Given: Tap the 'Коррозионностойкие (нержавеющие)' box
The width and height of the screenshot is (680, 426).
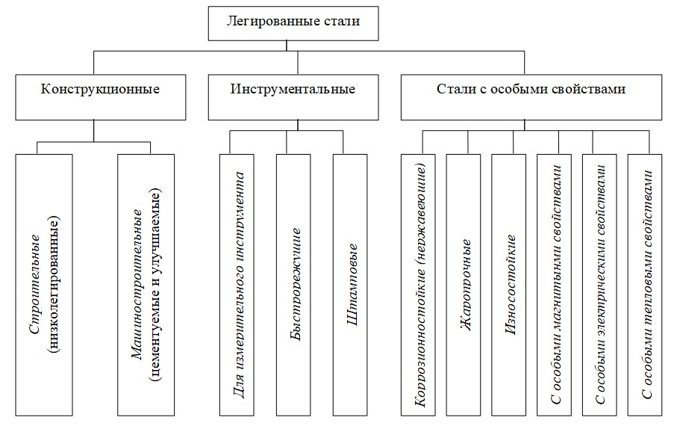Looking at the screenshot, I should click(421, 285).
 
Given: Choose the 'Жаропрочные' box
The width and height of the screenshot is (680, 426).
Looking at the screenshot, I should click(467, 285).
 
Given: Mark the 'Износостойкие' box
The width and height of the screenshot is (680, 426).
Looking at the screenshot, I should click(512, 285).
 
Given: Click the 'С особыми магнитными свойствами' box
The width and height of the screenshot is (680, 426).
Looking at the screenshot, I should click(558, 285).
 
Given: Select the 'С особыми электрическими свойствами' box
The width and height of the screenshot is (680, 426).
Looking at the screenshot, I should click(603, 285).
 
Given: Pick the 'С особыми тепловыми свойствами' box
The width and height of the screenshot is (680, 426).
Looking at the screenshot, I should click(648, 285).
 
